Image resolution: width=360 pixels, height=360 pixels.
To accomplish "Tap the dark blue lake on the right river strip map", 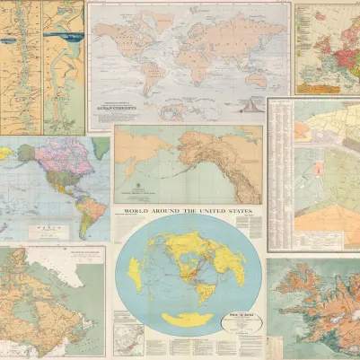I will [x=65, y=37].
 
